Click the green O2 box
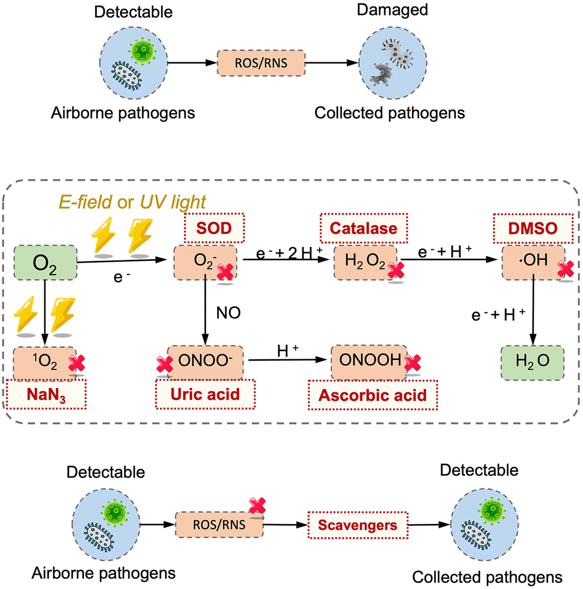point(44,261)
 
